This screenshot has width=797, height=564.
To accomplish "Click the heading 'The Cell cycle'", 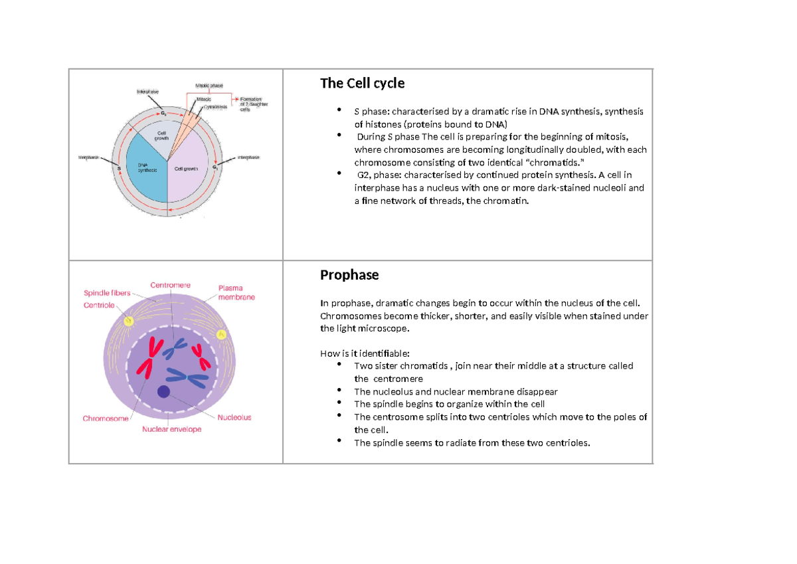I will (362, 84).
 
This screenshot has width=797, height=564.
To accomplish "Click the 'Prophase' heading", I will (349, 275).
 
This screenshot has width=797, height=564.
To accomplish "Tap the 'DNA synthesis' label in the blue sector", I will (147, 167).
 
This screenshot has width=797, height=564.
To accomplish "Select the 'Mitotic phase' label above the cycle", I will (209, 86).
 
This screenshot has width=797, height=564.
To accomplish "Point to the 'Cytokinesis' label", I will (215, 106).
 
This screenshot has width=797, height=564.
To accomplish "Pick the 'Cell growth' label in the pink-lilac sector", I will (187, 169).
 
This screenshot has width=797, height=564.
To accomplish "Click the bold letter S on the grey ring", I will (119, 169).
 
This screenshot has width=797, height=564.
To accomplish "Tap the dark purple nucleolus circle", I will (163, 392).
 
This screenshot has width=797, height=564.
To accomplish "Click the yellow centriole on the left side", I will (129, 321).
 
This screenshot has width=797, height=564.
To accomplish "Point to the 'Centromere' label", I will (171, 285).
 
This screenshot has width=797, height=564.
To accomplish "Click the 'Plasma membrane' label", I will (236, 293).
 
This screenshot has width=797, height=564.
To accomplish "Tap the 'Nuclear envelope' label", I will (171, 429).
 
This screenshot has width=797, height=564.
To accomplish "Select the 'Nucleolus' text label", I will (234, 417).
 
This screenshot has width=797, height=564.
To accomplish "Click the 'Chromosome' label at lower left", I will (106, 419).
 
